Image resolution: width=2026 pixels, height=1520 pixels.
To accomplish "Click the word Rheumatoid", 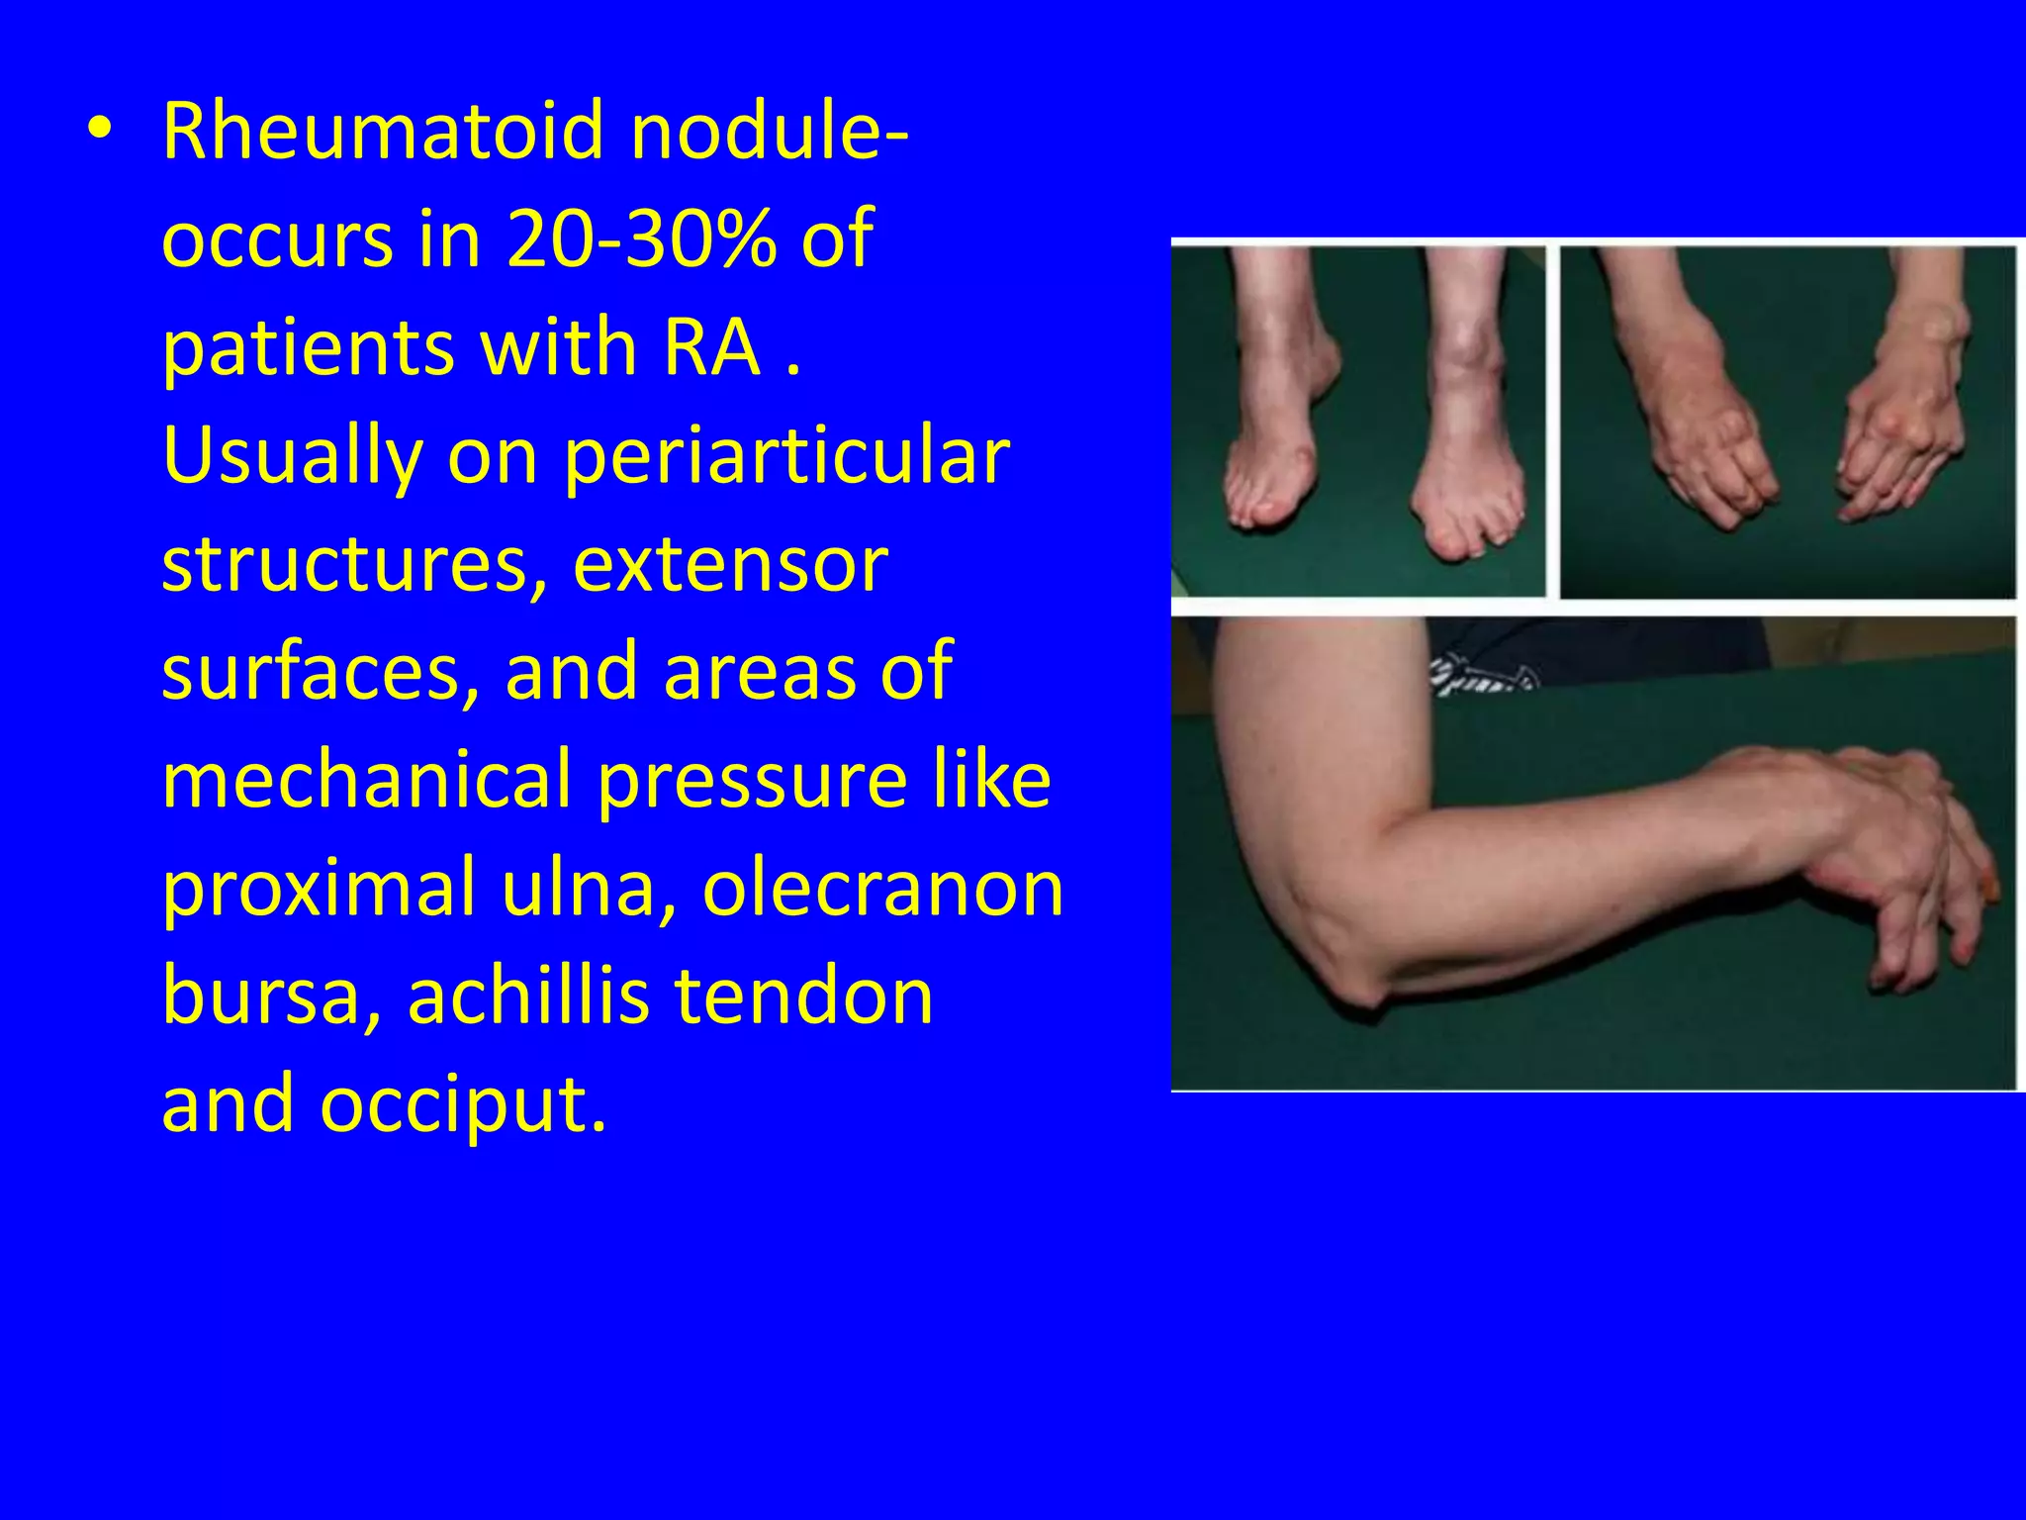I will click(383, 131).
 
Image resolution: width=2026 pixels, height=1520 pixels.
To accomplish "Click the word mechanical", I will click(366, 780).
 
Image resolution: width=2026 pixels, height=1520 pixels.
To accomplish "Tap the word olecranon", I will click(882, 888).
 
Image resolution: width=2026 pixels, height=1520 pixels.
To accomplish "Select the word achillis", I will click(528, 996).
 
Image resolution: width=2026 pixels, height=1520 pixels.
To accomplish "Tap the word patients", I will click(307, 348).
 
